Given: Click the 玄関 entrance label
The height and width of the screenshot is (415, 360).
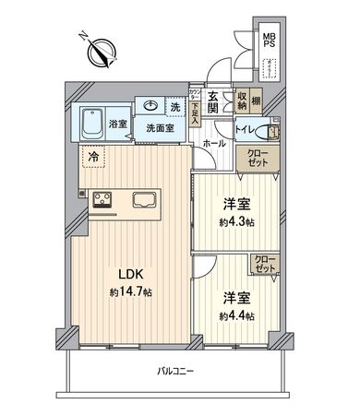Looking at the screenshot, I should (x=211, y=102).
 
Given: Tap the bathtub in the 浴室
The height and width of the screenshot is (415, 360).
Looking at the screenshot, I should (x=94, y=123).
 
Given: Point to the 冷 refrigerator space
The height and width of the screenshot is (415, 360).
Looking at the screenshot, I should (x=93, y=157).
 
